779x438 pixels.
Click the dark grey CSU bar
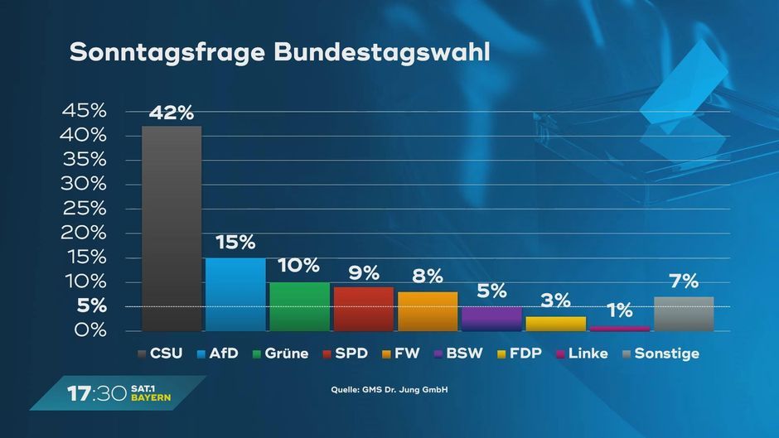[x=172, y=229]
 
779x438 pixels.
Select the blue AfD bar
[x=235, y=295]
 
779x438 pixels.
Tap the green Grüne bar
[x=299, y=306]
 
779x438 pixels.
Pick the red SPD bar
[x=363, y=309]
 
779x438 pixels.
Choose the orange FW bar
[x=428, y=311]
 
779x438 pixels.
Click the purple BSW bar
[x=491, y=319]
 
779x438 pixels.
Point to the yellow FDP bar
[x=555, y=324]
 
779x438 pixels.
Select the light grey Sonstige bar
[x=684, y=314]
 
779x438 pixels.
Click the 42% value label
[x=172, y=113]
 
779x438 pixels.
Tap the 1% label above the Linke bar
[x=619, y=311]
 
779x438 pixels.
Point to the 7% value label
[x=684, y=282]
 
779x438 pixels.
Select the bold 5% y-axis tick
[x=91, y=306]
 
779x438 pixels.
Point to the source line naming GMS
[x=389, y=389]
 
